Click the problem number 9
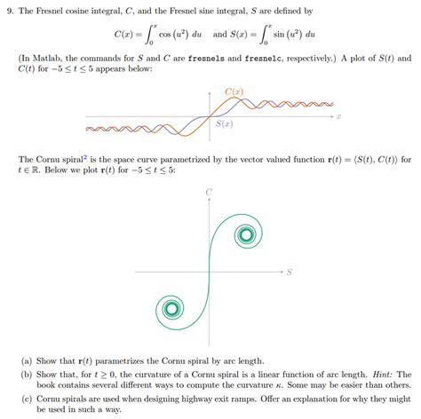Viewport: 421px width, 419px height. [12, 9]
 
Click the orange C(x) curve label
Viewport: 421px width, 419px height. [234, 92]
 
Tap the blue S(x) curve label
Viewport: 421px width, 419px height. [224, 124]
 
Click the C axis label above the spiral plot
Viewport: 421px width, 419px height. [208, 192]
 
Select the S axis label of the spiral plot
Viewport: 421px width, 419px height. [290, 271]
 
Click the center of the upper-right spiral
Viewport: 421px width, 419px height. [243, 235]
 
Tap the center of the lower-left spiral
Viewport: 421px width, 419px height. [167, 310]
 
